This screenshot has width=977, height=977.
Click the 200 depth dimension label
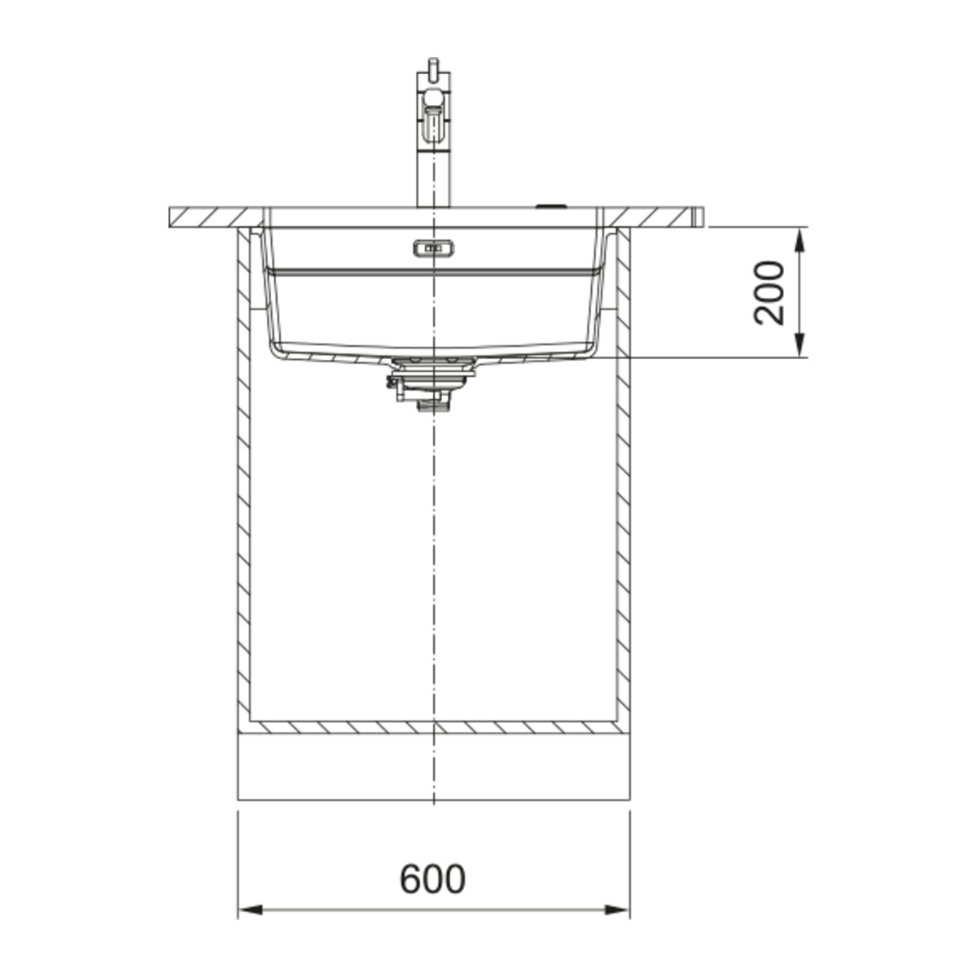tap(769, 292)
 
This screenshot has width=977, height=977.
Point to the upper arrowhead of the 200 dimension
tap(800, 240)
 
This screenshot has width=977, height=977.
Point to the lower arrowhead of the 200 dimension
tap(800, 345)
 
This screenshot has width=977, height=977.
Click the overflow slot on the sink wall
tap(433, 248)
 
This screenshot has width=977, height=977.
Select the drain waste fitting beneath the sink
tap(432, 383)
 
